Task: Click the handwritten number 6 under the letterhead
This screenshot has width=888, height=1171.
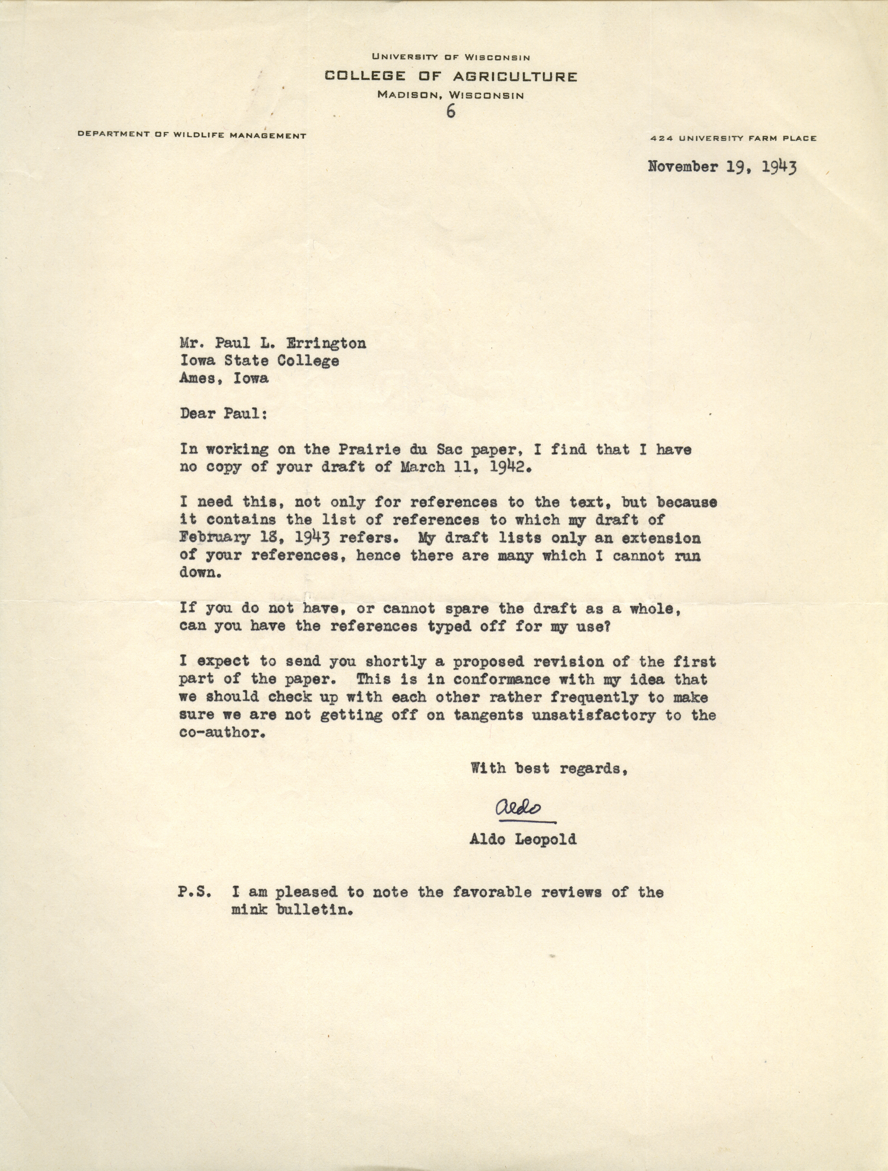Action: click(x=451, y=112)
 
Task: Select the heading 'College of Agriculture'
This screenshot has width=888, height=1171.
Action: click(x=451, y=77)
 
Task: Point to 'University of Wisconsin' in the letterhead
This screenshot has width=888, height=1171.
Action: click(x=451, y=56)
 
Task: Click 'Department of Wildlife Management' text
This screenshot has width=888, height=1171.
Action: click(x=192, y=135)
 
